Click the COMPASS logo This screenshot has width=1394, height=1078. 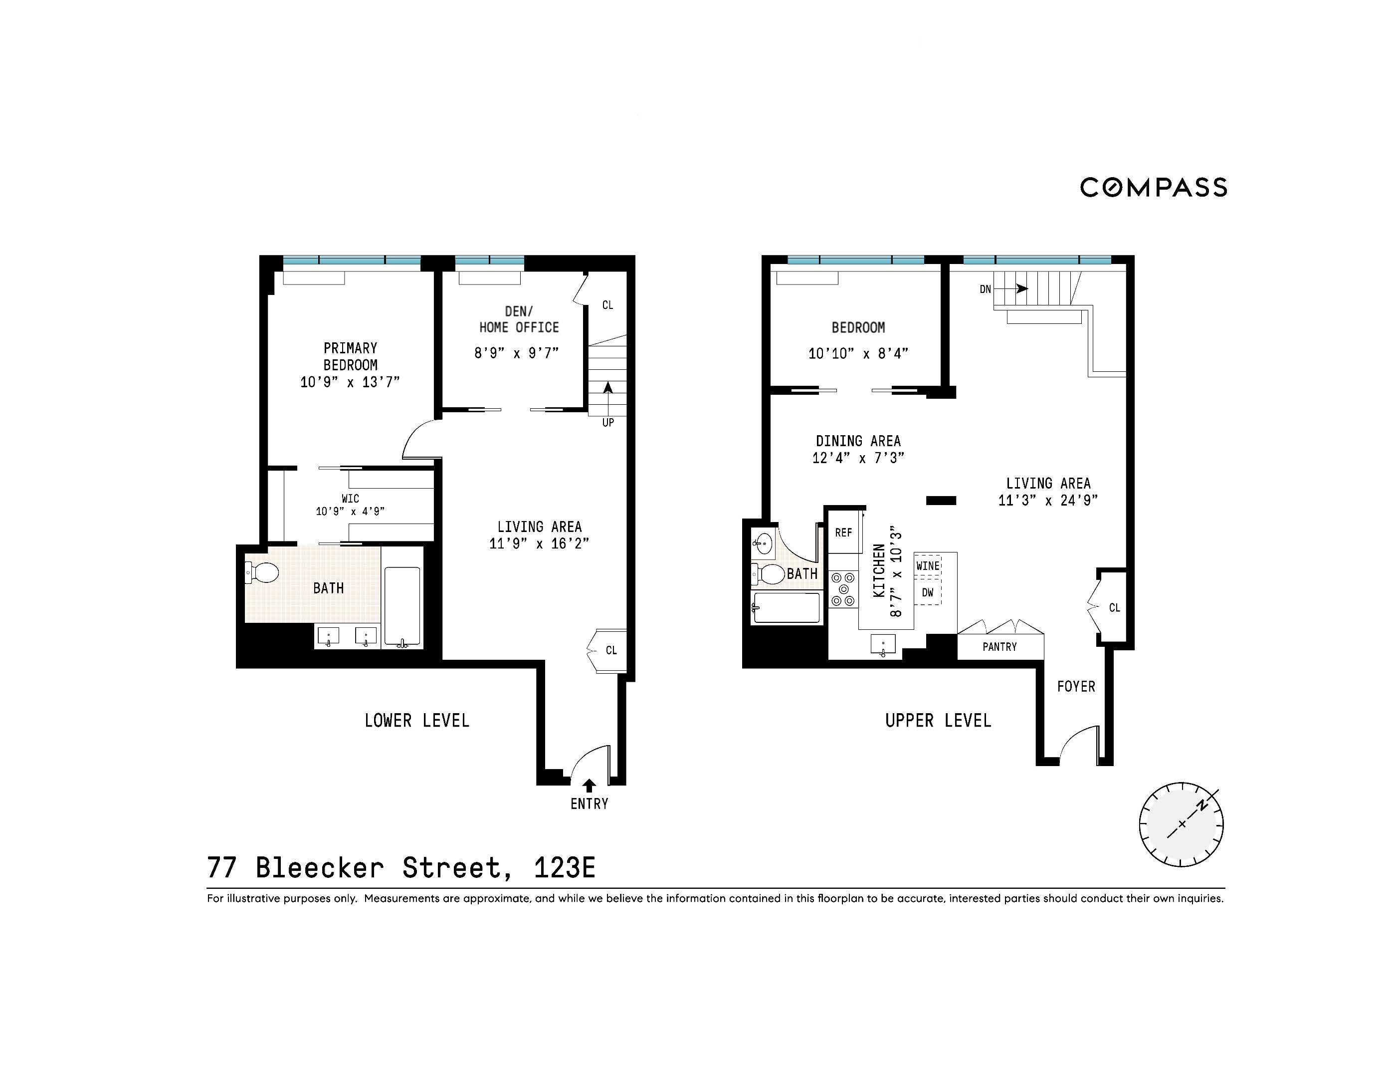pos(1153,187)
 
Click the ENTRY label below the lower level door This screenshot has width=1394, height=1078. pos(589,804)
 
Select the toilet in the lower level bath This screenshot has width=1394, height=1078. pos(262,572)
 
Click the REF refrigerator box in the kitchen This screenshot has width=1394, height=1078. pos(844,532)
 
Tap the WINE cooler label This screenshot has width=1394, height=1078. pos(927,566)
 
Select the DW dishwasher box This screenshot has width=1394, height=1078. pos(927,592)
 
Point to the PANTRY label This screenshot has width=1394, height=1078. pos(999,647)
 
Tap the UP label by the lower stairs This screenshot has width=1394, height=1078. pos(607,423)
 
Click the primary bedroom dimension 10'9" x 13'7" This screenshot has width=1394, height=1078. pos(350,382)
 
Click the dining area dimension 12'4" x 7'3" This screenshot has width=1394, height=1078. pos(858,458)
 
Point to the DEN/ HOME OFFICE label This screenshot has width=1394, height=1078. pos(518,319)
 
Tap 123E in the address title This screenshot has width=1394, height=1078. pos(564,867)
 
